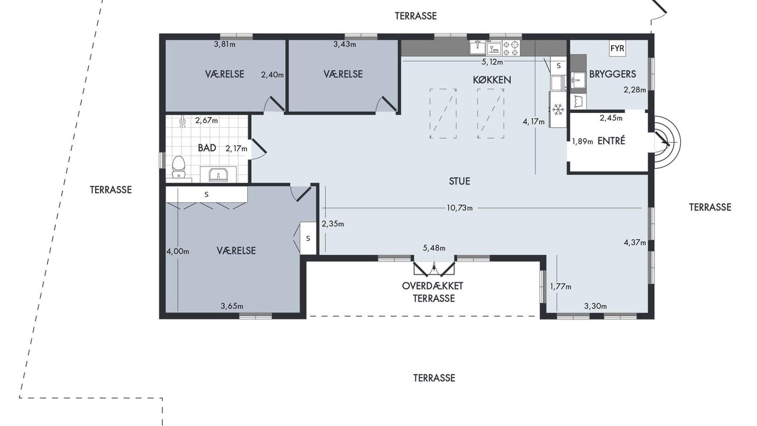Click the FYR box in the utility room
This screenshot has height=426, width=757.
click(x=617, y=49)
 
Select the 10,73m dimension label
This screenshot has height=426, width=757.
click(x=460, y=208)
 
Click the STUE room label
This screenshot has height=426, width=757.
click(x=460, y=181)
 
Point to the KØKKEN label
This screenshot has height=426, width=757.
click(x=491, y=80)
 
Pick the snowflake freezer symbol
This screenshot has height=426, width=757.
click(x=558, y=109)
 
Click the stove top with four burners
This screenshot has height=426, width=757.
click(x=511, y=48)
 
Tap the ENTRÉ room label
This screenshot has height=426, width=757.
click(x=612, y=141)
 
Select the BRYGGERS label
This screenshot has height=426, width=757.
click(x=612, y=74)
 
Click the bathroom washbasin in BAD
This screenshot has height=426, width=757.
click(x=218, y=175)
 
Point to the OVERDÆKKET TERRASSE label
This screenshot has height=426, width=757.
click(x=433, y=292)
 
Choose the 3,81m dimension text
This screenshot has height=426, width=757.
click(x=225, y=44)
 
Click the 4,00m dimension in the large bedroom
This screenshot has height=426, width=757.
click(x=178, y=251)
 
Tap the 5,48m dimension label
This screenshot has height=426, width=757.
click(x=434, y=248)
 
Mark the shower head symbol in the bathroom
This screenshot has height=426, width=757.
click(x=183, y=121)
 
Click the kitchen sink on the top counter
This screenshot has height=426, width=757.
click(x=477, y=48)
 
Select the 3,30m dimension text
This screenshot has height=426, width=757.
click(x=596, y=306)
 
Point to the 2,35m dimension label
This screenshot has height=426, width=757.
click(x=333, y=224)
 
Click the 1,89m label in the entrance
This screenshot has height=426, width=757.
click(x=583, y=141)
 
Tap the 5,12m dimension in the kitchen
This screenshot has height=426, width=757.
click(x=493, y=62)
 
